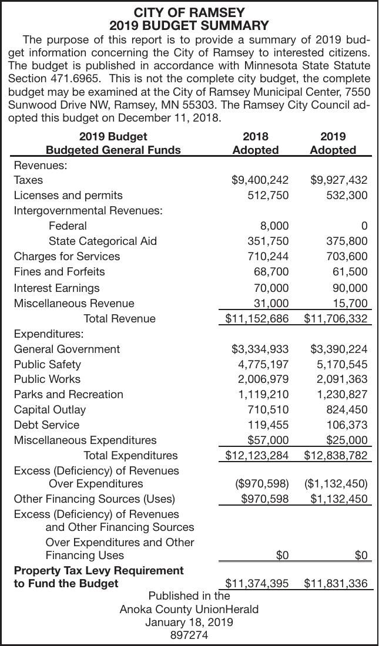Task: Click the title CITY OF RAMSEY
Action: point(189,12)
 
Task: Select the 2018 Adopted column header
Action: point(255,143)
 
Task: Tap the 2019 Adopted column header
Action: point(333,143)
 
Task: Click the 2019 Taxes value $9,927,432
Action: point(338,180)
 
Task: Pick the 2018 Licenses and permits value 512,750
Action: point(267,195)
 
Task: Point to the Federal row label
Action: point(68,226)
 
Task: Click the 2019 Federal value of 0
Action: point(364,226)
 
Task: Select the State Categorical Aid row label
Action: point(103,241)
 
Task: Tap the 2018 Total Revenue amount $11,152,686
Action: point(257,318)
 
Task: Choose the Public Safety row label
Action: point(48,364)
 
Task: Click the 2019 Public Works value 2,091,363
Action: point(342,379)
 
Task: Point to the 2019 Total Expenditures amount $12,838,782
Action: point(336,455)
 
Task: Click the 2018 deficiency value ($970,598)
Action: point(261,483)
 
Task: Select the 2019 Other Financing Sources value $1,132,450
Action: point(338,499)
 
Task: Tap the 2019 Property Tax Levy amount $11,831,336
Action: point(336,583)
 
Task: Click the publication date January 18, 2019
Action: point(189,622)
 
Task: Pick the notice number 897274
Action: point(189,635)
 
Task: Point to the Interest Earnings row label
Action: point(56,288)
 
